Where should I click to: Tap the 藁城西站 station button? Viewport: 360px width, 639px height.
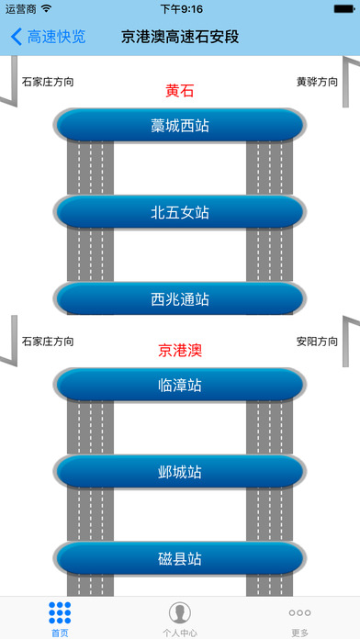click(180, 125)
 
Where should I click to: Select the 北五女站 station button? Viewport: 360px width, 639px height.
click(180, 212)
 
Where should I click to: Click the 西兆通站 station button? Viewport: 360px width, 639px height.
click(180, 298)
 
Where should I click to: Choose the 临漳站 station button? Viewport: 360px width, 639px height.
click(180, 385)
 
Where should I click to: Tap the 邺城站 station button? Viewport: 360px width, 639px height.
click(180, 472)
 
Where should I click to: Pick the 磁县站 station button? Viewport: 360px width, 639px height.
click(180, 558)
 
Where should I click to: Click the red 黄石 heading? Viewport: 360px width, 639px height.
click(180, 91)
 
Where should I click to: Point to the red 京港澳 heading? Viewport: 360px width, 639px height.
click(180, 350)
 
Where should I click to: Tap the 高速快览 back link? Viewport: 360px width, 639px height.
click(56, 38)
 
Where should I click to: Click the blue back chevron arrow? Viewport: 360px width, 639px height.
click(17, 38)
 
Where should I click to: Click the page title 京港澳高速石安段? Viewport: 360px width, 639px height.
click(180, 38)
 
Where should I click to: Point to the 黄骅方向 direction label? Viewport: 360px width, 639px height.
click(317, 82)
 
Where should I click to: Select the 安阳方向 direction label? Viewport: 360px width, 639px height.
click(317, 341)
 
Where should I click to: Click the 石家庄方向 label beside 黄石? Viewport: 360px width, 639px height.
click(48, 82)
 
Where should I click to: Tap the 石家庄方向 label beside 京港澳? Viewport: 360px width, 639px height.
click(48, 341)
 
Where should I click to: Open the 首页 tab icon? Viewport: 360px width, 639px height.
click(60, 612)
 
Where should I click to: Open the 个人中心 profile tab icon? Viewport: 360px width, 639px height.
click(180, 612)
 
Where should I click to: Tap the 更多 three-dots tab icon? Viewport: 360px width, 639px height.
click(299, 612)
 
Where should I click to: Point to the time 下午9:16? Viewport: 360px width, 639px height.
click(181, 9)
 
